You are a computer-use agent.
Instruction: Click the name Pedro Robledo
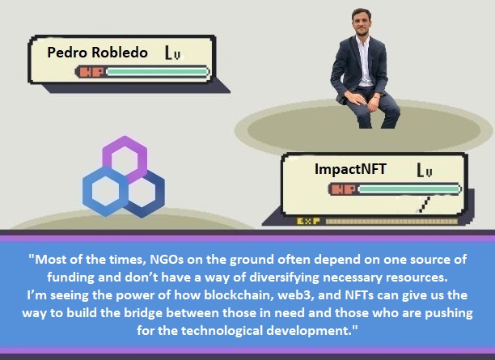98,53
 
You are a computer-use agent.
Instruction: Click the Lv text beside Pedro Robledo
171,54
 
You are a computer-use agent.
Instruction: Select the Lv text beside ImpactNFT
425,171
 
